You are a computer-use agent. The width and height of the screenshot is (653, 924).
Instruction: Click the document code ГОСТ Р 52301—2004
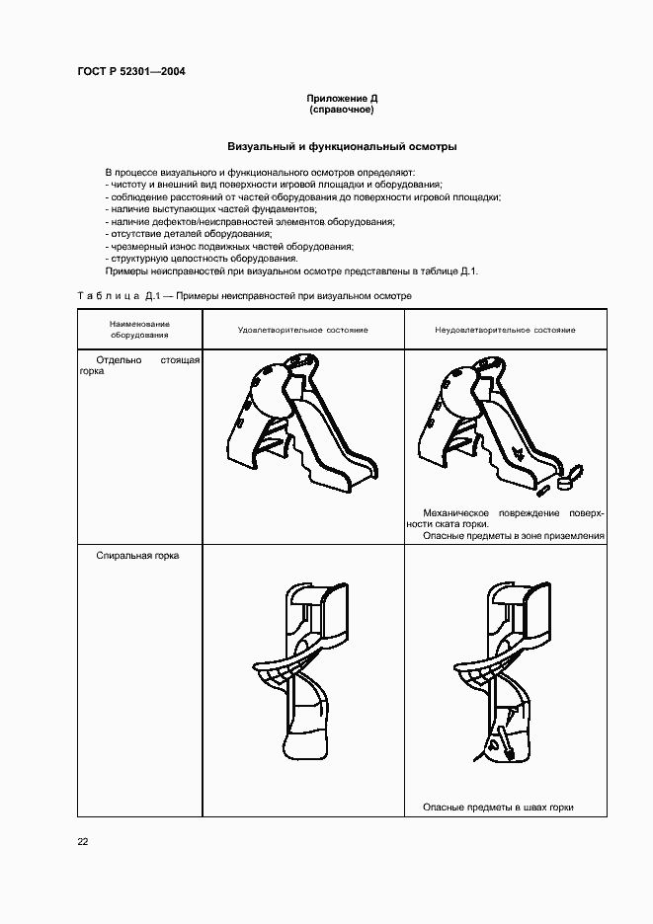tap(130, 72)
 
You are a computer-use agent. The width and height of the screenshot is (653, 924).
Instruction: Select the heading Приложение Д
tap(342, 100)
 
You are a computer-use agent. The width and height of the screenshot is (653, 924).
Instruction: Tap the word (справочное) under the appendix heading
tap(342, 111)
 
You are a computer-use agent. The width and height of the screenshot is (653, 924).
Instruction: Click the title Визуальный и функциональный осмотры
tap(342, 146)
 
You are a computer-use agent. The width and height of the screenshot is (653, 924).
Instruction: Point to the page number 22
tap(83, 841)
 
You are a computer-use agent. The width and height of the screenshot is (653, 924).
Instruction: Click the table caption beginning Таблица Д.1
tap(244, 295)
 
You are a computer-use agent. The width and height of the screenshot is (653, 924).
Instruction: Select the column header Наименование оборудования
tap(139, 329)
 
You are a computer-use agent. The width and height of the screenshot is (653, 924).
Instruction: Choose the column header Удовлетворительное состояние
tap(302, 330)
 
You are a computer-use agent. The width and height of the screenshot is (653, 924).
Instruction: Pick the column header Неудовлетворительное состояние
tap(505, 330)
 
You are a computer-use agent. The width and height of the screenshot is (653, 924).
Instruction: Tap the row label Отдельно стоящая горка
tap(139, 367)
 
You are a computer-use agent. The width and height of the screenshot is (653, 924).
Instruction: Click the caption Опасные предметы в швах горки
tap(498, 807)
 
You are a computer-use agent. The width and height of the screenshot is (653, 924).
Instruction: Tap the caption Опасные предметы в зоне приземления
tap(513, 536)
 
